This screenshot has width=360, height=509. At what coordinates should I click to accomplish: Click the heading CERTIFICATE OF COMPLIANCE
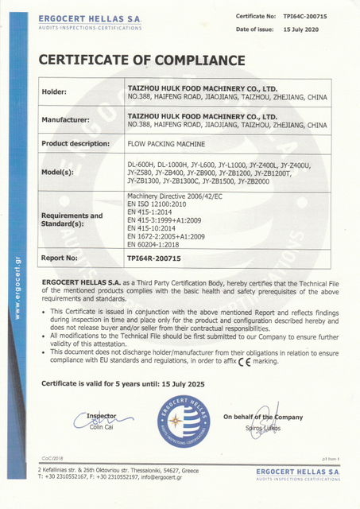142,60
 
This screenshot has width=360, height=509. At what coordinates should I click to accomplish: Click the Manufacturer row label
69,120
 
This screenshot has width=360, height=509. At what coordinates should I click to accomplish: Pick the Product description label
75,143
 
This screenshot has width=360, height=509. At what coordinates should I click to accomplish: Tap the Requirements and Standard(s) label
72,219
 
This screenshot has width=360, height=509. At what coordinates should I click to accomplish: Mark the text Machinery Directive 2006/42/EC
178,195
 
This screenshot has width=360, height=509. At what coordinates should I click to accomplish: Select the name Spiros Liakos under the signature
263,428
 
